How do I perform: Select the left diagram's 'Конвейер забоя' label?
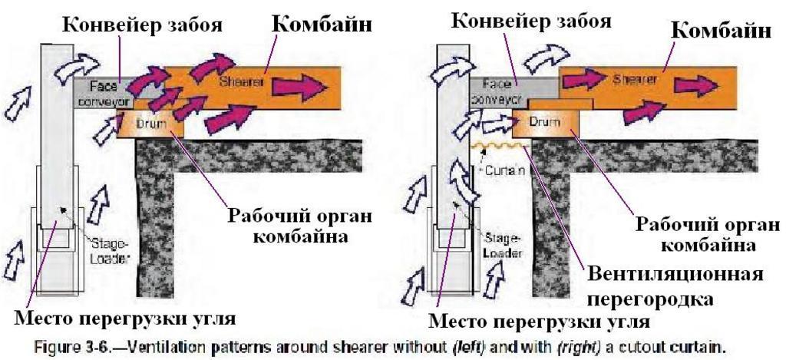(143, 25)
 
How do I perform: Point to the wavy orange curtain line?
(492, 145)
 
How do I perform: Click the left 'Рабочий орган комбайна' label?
(299, 225)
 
